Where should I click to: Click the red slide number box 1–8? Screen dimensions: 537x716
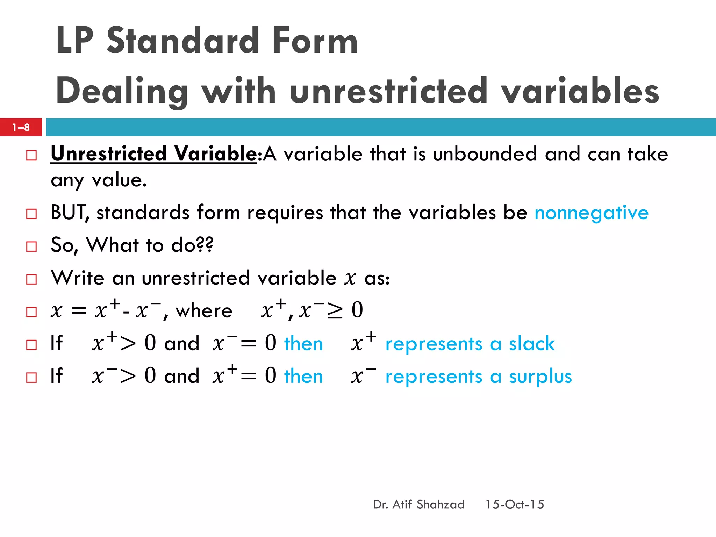(x=21, y=127)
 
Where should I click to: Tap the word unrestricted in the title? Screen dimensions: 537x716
(x=388, y=92)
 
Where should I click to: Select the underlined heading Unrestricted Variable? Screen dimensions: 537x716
(x=154, y=154)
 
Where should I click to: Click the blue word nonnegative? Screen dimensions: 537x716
(x=592, y=213)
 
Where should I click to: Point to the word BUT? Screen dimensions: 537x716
(x=69, y=212)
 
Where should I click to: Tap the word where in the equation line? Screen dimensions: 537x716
(x=204, y=311)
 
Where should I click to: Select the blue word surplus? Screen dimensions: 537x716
(x=540, y=377)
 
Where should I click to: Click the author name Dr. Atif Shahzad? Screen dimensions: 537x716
(x=419, y=504)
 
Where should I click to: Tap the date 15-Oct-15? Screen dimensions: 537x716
(x=514, y=504)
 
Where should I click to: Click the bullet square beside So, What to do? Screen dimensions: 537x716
(x=31, y=246)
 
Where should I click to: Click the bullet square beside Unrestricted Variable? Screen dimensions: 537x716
(x=31, y=155)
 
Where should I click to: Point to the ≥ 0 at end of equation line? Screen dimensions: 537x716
(x=345, y=310)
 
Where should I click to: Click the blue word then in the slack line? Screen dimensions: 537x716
(x=303, y=344)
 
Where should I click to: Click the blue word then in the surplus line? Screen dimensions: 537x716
(x=303, y=377)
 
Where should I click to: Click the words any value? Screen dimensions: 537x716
(x=99, y=180)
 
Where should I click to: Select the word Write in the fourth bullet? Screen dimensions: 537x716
(x=78, y=278)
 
